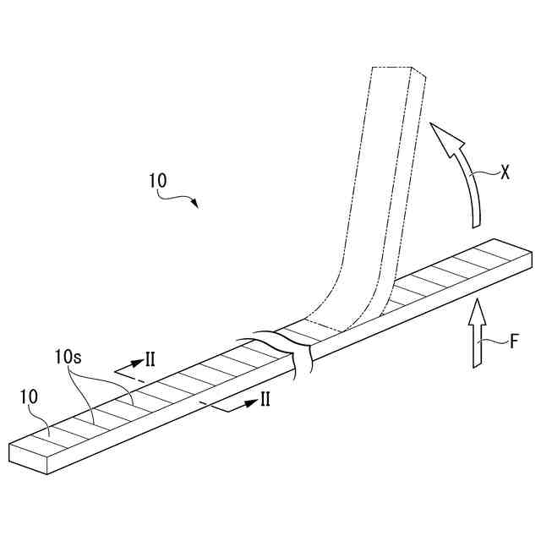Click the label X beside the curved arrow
(505, 172)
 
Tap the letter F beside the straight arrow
(513, 342)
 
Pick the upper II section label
(150, 359)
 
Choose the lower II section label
(265, 399)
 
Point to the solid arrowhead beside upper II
(134, 363)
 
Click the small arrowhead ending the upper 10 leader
(195, 205)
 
